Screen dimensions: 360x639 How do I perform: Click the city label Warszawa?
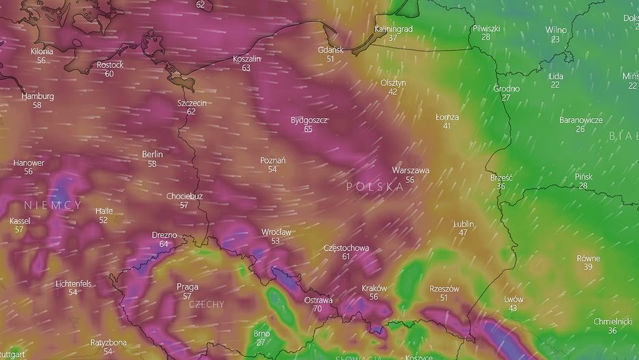pos(410,170)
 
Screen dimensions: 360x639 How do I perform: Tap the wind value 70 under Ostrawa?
pos(317,309)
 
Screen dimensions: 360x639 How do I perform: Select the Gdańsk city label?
pos(330,50)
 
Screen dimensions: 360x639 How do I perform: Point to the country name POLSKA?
pos(374,186)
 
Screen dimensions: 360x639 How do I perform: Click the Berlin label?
pos(152,154)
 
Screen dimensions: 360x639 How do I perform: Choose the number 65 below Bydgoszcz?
pos(309,129)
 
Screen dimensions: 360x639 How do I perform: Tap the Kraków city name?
pos(373,288)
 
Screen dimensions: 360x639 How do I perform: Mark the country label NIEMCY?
pos(53,205)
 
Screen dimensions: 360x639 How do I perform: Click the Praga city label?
pos(187,286)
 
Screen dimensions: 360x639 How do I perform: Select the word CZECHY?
pos(205,304)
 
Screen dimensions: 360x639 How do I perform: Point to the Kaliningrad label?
pos(394,29)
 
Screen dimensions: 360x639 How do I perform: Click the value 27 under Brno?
pos(261,342)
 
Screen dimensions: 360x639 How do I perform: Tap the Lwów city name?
pos(513,299)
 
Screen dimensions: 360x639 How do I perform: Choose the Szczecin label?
pos(191,103)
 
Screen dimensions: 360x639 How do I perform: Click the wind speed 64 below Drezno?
pos(164,244)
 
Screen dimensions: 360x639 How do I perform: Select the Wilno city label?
pos(556,30)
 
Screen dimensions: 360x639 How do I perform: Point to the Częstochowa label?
pos(346,247)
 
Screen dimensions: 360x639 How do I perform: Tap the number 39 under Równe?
pos(588,267)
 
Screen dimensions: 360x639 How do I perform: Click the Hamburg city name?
pos(38,96)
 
